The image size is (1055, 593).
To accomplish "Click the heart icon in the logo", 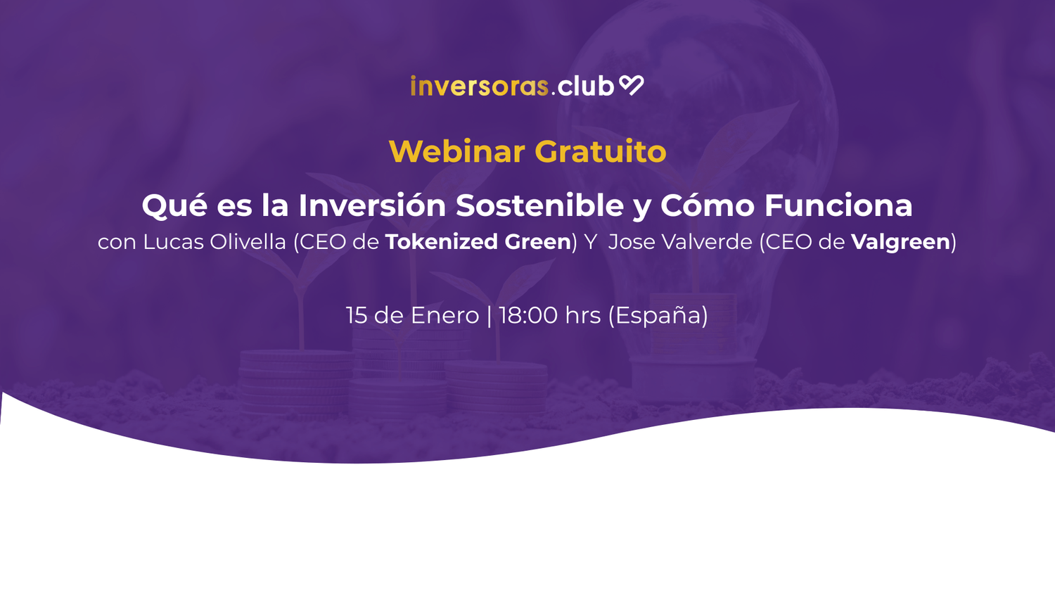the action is pos(631,85).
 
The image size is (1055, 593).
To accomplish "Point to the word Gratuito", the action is pos(600,151).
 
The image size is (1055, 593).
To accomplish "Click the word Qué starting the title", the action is pos(174,206).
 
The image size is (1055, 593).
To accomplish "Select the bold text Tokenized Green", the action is pos(478,241).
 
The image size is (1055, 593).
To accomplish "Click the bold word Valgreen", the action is pos(900,243).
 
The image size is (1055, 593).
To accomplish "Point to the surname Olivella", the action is pos(248,241).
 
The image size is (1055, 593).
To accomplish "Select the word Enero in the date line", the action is pos(445,315).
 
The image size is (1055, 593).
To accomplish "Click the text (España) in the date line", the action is pos(658,316).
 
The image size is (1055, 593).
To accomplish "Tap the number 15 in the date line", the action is pos(357,315).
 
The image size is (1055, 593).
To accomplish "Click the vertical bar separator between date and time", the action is pos(489,316).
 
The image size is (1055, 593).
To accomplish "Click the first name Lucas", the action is pos(172,241).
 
